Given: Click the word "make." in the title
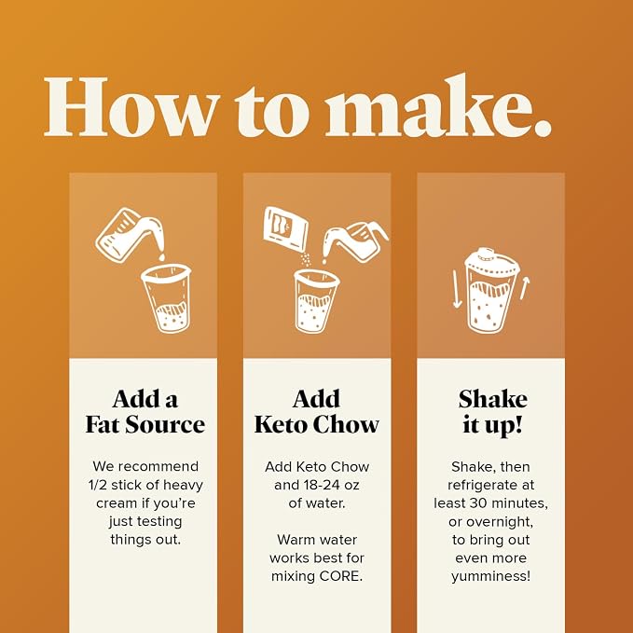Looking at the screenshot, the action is pos(438,105).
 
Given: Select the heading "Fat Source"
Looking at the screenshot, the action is pos(144,425).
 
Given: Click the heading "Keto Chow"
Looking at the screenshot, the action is pos(317,425).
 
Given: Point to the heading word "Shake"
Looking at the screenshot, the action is pos(492,399).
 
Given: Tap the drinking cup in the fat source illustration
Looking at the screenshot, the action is pos(166,298).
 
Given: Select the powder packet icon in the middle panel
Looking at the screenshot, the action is pos(285,229).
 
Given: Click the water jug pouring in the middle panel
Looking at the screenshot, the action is pos(356,241).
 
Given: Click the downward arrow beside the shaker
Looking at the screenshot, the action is pos(457,289).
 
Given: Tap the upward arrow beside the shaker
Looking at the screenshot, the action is pos(525,288).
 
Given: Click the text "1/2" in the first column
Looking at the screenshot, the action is pos(97,485).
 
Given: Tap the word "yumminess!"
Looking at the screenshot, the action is pos(491,576).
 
